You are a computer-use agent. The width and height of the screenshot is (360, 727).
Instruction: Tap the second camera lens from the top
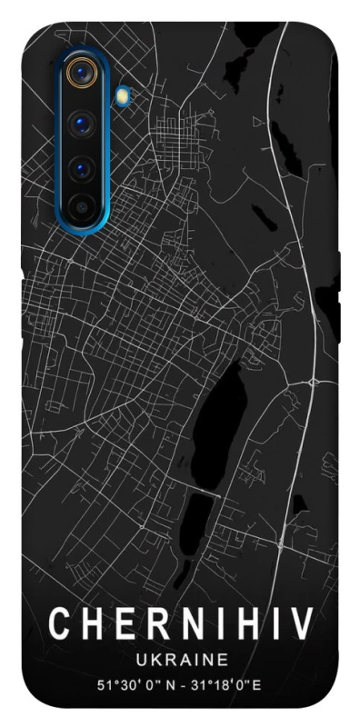tap(83, 123)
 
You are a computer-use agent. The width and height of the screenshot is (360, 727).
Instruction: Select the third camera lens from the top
tap(83, 169)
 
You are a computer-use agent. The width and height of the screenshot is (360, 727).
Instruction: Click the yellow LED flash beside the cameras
tap(123, 95)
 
